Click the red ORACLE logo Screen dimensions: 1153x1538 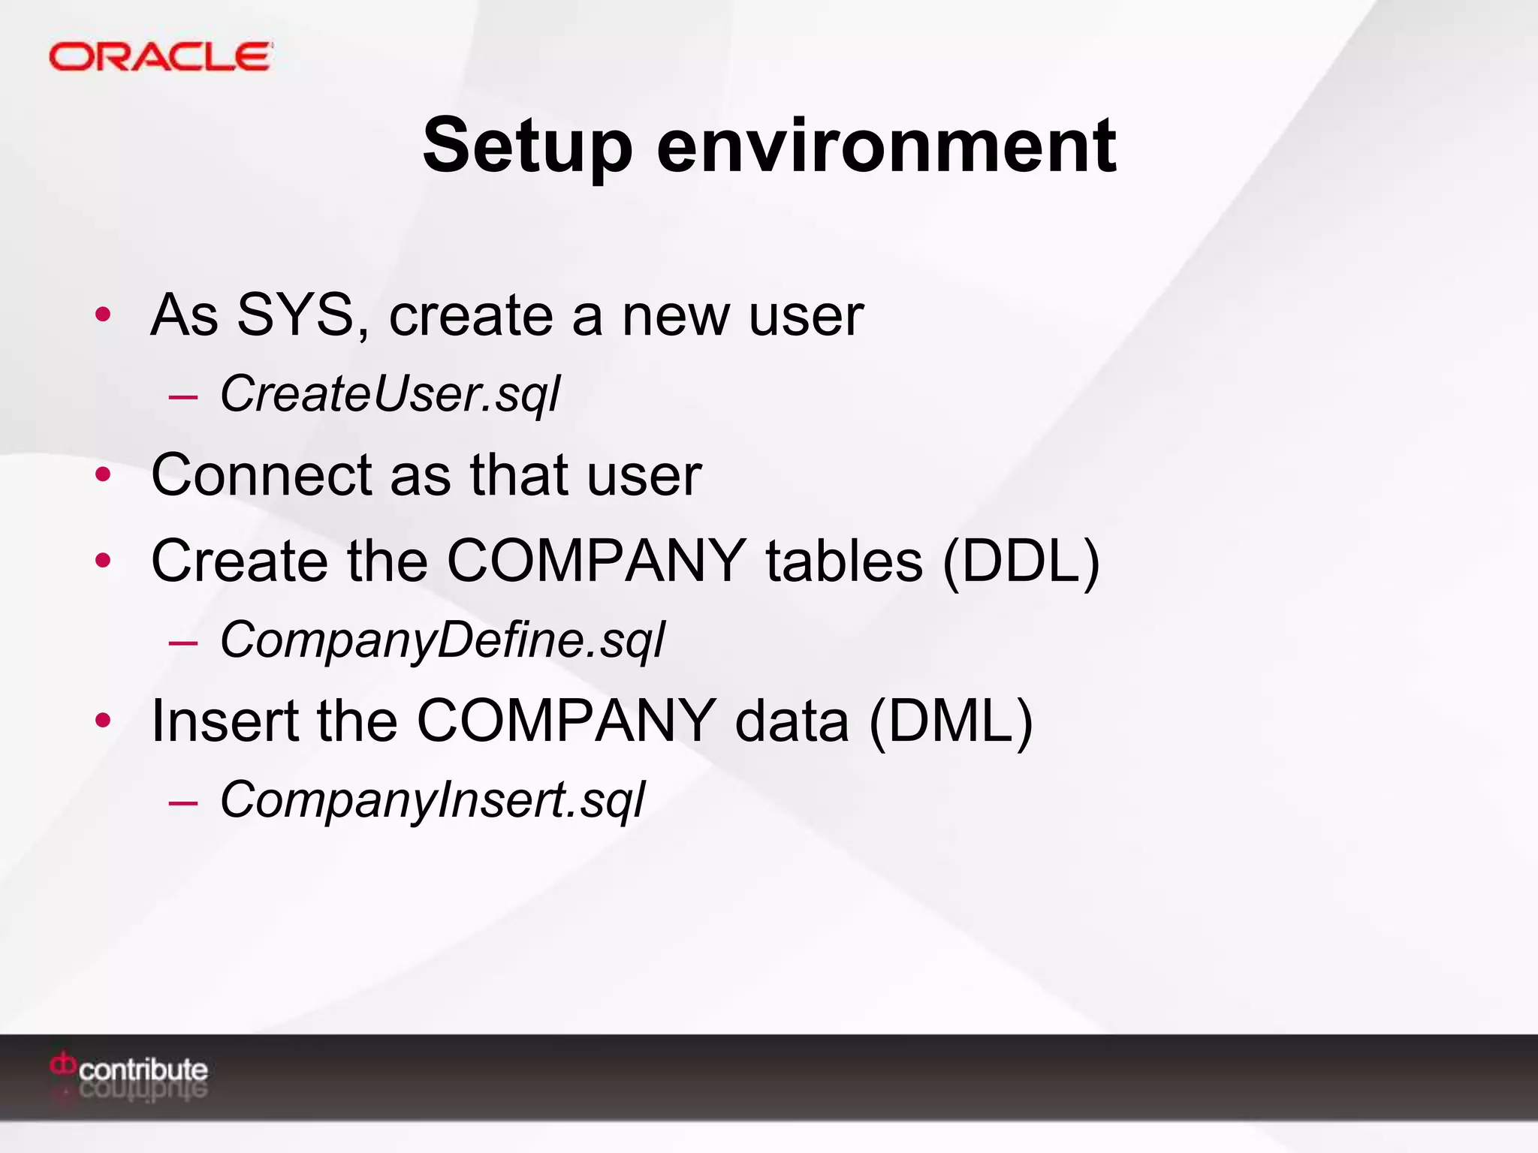click(160, 57)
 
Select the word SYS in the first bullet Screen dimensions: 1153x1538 click(294, 315)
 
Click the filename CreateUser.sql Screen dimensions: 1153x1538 click(390, 394)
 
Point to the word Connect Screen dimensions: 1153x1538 click(261, 475)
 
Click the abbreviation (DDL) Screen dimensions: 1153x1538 click(1021, 561)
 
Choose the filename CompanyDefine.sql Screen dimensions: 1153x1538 click(442, 640)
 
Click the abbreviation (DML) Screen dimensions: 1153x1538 click(951, 721)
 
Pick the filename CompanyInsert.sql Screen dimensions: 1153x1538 click(432, 800)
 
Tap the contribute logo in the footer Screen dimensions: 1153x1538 click(129, 1069)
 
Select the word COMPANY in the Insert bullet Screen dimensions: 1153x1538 click(565, 721)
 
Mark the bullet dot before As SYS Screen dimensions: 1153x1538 click(103, 315)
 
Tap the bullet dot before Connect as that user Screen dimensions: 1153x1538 click(103, 474)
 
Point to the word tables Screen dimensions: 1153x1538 click(843, 561)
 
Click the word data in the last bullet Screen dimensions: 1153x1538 click(792, 721)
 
